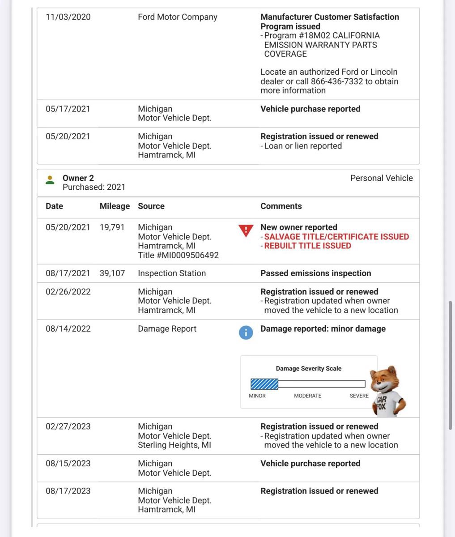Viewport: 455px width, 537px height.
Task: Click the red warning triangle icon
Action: [246, 230]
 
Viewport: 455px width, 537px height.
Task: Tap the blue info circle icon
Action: [246, 332]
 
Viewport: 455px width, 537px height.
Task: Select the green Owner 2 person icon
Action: [50, 180]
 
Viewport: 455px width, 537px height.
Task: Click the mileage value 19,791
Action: [112, 227]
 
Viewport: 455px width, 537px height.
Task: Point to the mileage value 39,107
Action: [112, 273]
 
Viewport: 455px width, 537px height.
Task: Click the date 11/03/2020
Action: [68, 17]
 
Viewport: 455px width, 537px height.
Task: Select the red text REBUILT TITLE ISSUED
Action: [307, 246]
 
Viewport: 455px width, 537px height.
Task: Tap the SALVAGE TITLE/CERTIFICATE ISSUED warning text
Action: [336, 237]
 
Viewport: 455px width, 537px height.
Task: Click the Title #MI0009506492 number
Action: [178, 256]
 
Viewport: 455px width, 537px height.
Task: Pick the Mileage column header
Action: [115, 206]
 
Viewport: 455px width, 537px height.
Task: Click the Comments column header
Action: [281, 206]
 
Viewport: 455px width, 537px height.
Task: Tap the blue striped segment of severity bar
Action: [264, 384]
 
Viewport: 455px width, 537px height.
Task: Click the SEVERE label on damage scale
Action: [359, 396]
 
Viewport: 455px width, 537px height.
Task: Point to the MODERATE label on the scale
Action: [307, 396]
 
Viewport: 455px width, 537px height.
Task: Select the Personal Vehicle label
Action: [381, 178]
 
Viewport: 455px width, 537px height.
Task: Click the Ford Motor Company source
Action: [178, 17]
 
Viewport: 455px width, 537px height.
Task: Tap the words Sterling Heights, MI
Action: [174, 445]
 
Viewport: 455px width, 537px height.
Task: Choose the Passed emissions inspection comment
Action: [316, 273]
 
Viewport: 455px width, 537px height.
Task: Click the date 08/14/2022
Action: [68, 329]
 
